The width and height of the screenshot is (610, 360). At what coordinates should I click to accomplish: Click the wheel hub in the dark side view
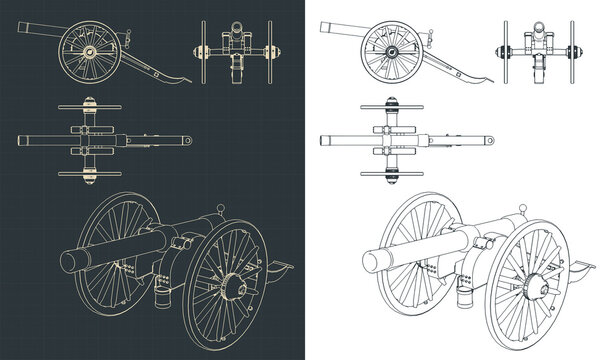[x=89, y=50]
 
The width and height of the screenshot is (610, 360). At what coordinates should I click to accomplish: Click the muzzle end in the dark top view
[x=21, y=141]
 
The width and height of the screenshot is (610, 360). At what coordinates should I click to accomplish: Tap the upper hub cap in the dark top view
[x=88, y=101]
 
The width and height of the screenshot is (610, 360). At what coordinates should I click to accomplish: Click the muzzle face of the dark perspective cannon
[x=71, y=261]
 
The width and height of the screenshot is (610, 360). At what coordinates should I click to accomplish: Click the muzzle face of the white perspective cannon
[x=371, y=261]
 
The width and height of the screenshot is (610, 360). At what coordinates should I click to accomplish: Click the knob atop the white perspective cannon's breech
[x=521, y=211]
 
